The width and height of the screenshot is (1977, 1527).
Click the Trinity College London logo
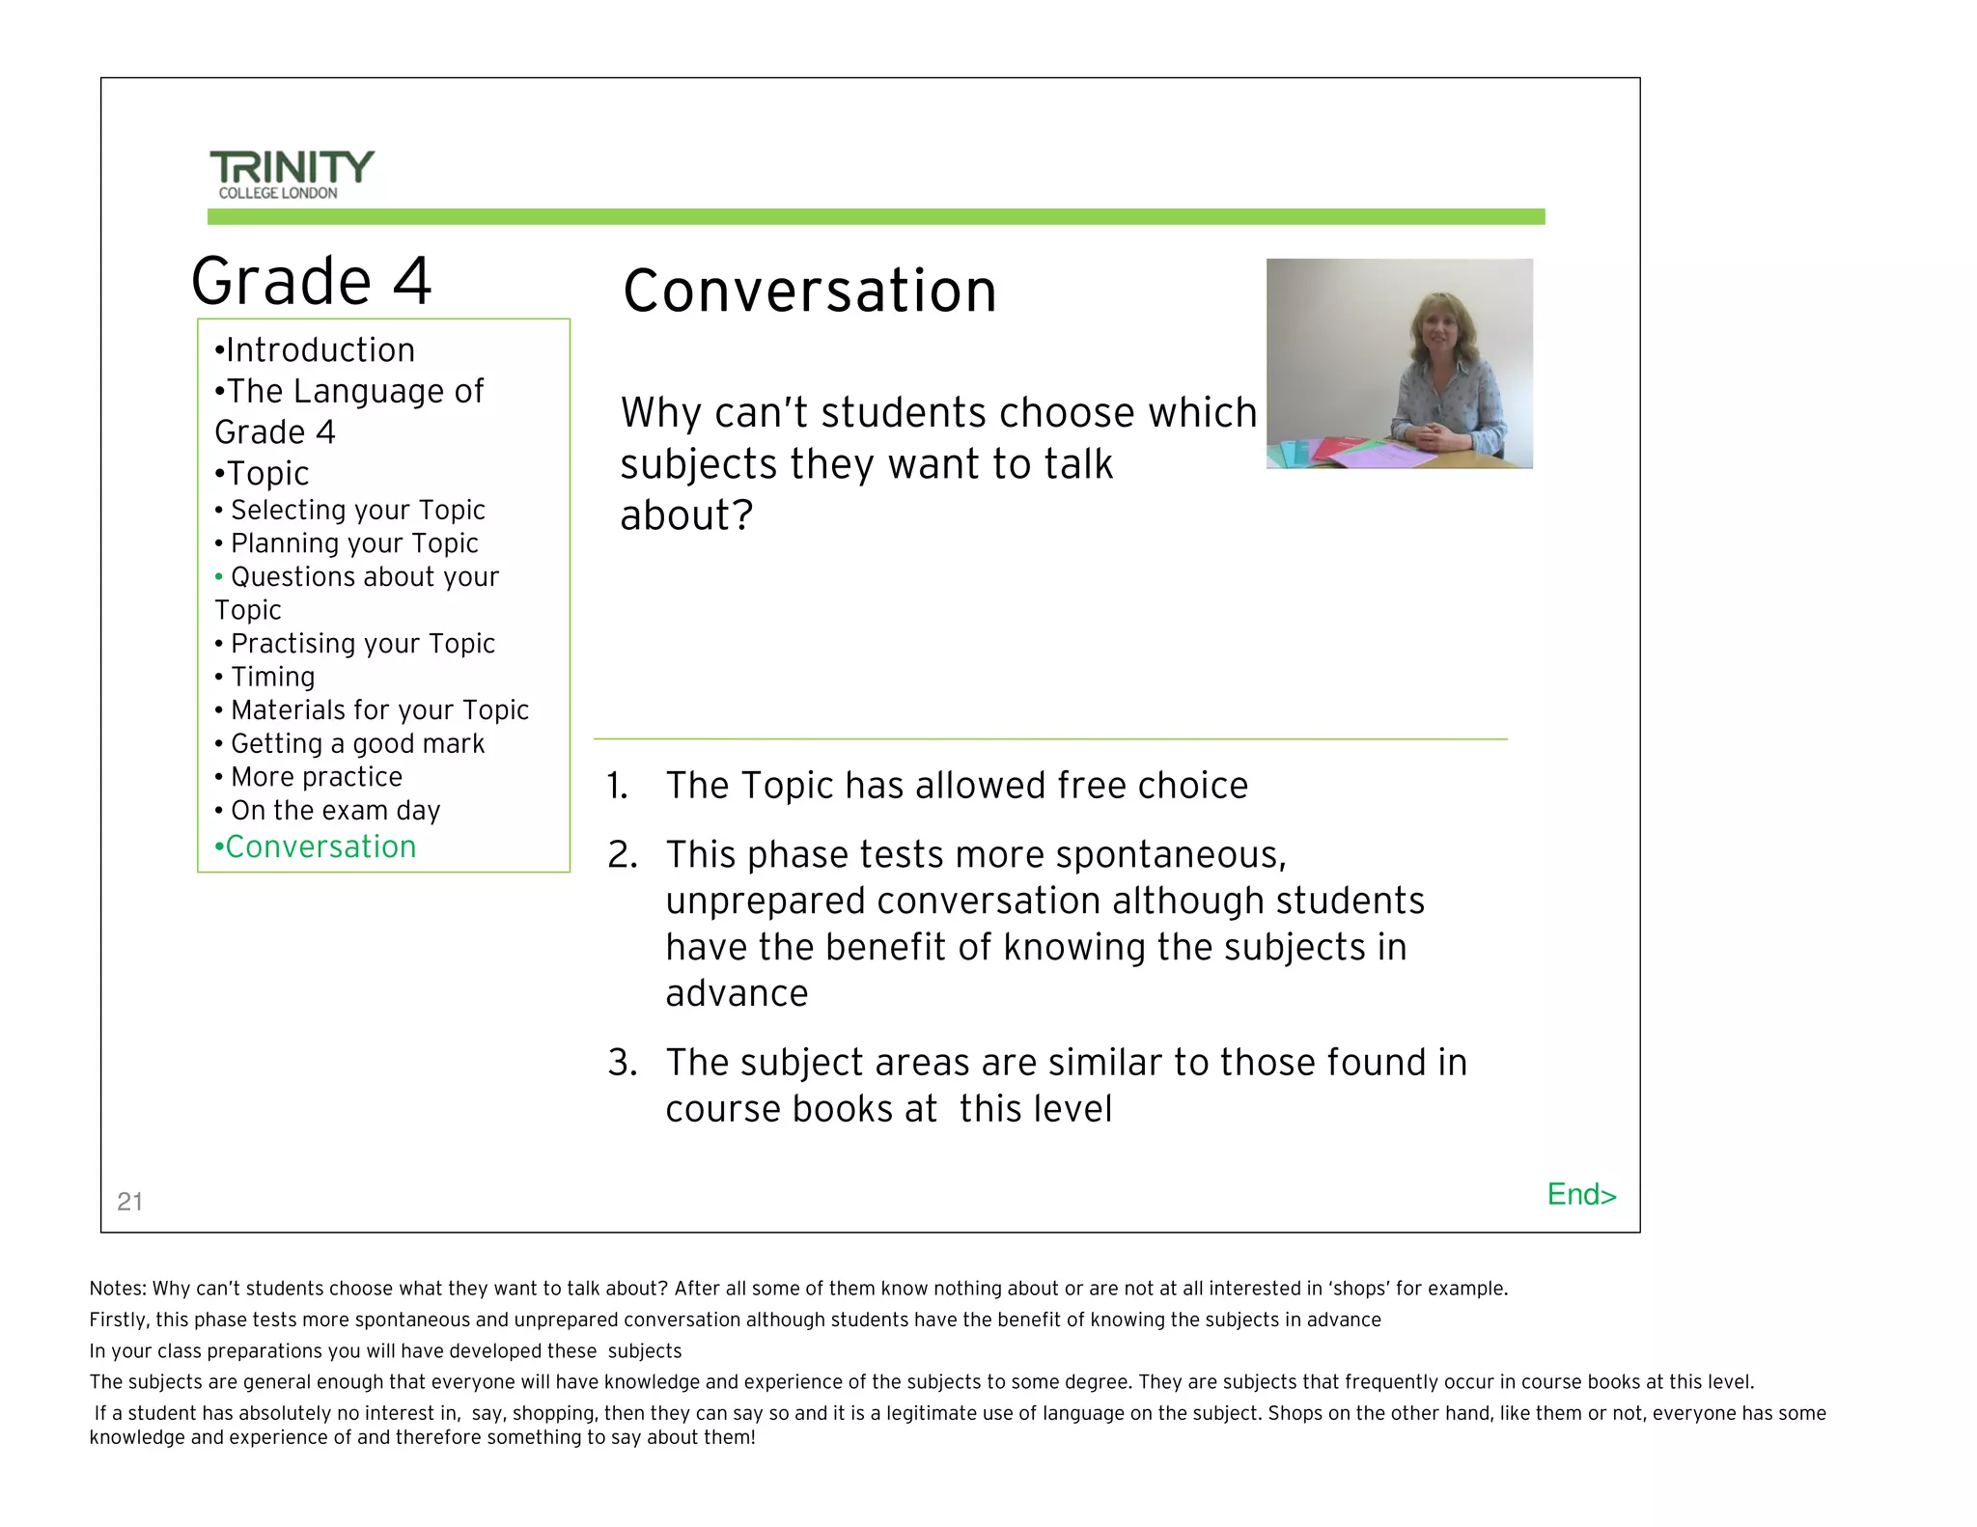(x=291, y=174)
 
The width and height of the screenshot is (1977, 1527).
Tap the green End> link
(x=1580, y=1194)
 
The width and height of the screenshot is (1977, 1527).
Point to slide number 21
(x=129, y=1201)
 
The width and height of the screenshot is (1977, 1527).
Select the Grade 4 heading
(x=311, y=281)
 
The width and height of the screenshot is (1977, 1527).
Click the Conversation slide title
(x=809, y=291)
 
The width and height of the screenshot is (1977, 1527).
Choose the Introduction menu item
(x=315, y=349)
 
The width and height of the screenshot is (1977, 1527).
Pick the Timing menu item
(x=272, y=677)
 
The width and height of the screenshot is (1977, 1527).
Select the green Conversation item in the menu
(x=316, y=847)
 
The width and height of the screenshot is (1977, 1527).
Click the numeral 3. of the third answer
(x=622, y=1063)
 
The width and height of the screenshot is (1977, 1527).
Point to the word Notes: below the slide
(x=117, y=1289)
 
